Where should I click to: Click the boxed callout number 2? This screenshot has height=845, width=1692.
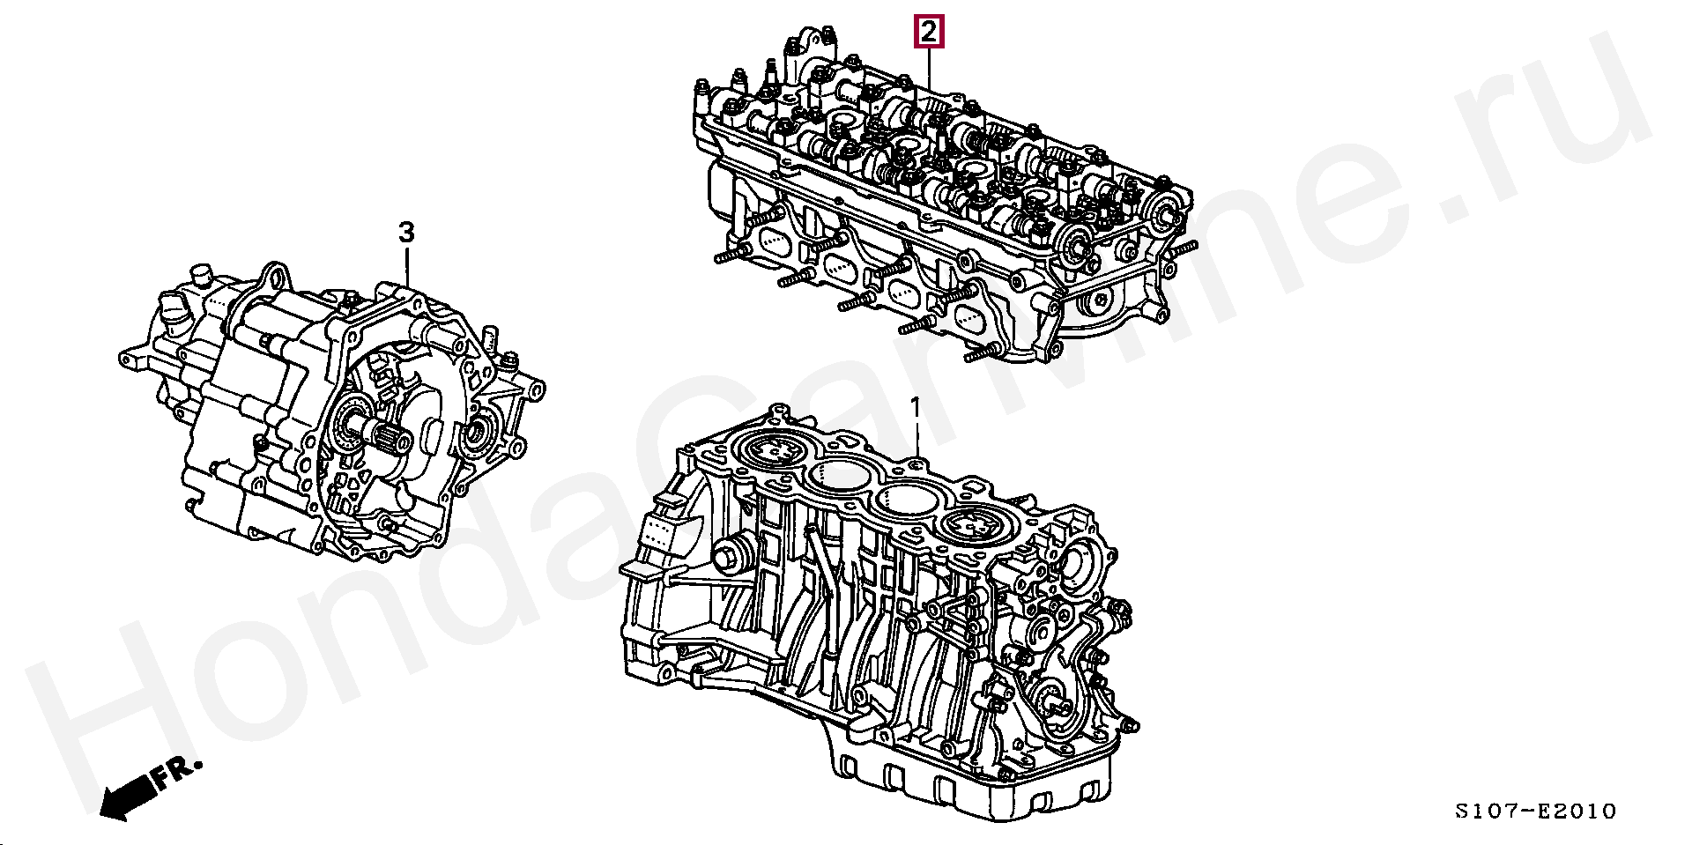[928, 33]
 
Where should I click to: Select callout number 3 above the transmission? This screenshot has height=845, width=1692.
[405, 233]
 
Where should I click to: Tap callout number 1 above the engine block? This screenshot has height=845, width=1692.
[916, 407]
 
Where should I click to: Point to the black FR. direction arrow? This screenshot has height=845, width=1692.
[127, 797]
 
